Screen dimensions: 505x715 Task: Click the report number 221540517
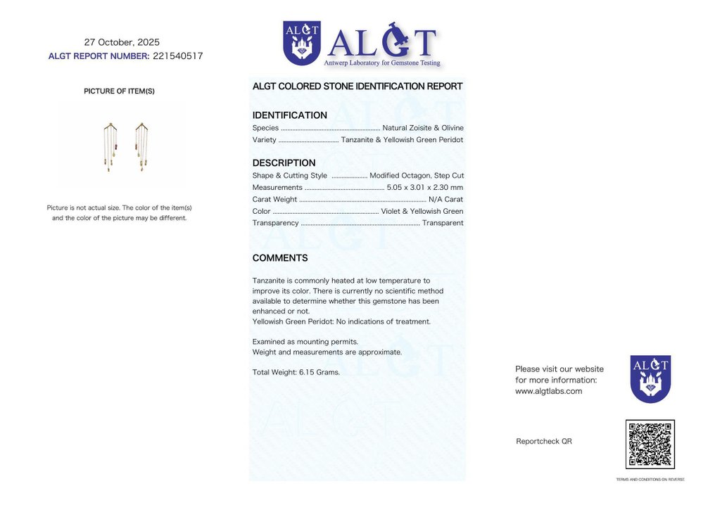tap(177, 56)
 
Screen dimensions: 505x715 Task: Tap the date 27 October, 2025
tap(122, 42)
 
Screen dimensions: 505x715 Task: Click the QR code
tap(650, 445)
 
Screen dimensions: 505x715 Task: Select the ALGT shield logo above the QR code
tap(650, 378)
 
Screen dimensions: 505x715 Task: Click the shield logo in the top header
tap(301, 43)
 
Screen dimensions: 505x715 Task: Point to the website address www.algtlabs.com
tap(548, 391)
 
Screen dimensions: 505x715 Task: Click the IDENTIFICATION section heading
tap(289, 115)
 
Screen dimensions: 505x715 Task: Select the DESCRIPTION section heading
tap(284, 163)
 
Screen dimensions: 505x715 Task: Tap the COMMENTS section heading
tap(280, 258)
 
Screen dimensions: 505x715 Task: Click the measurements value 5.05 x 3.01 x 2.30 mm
tap(425, 187)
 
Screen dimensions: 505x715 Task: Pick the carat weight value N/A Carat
tap(445, 199)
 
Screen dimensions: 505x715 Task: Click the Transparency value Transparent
tap(443, 223)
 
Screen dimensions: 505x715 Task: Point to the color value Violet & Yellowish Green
tap(422, 211)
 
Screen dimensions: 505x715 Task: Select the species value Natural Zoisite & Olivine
tap(423, 128)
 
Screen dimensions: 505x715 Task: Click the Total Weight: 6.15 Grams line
tap(296, 372)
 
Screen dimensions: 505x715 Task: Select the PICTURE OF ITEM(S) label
tap(119, 91)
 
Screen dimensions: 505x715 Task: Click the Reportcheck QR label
tap(543, 441)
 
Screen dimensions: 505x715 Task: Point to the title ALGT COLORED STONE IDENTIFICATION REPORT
tap(357, 87)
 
